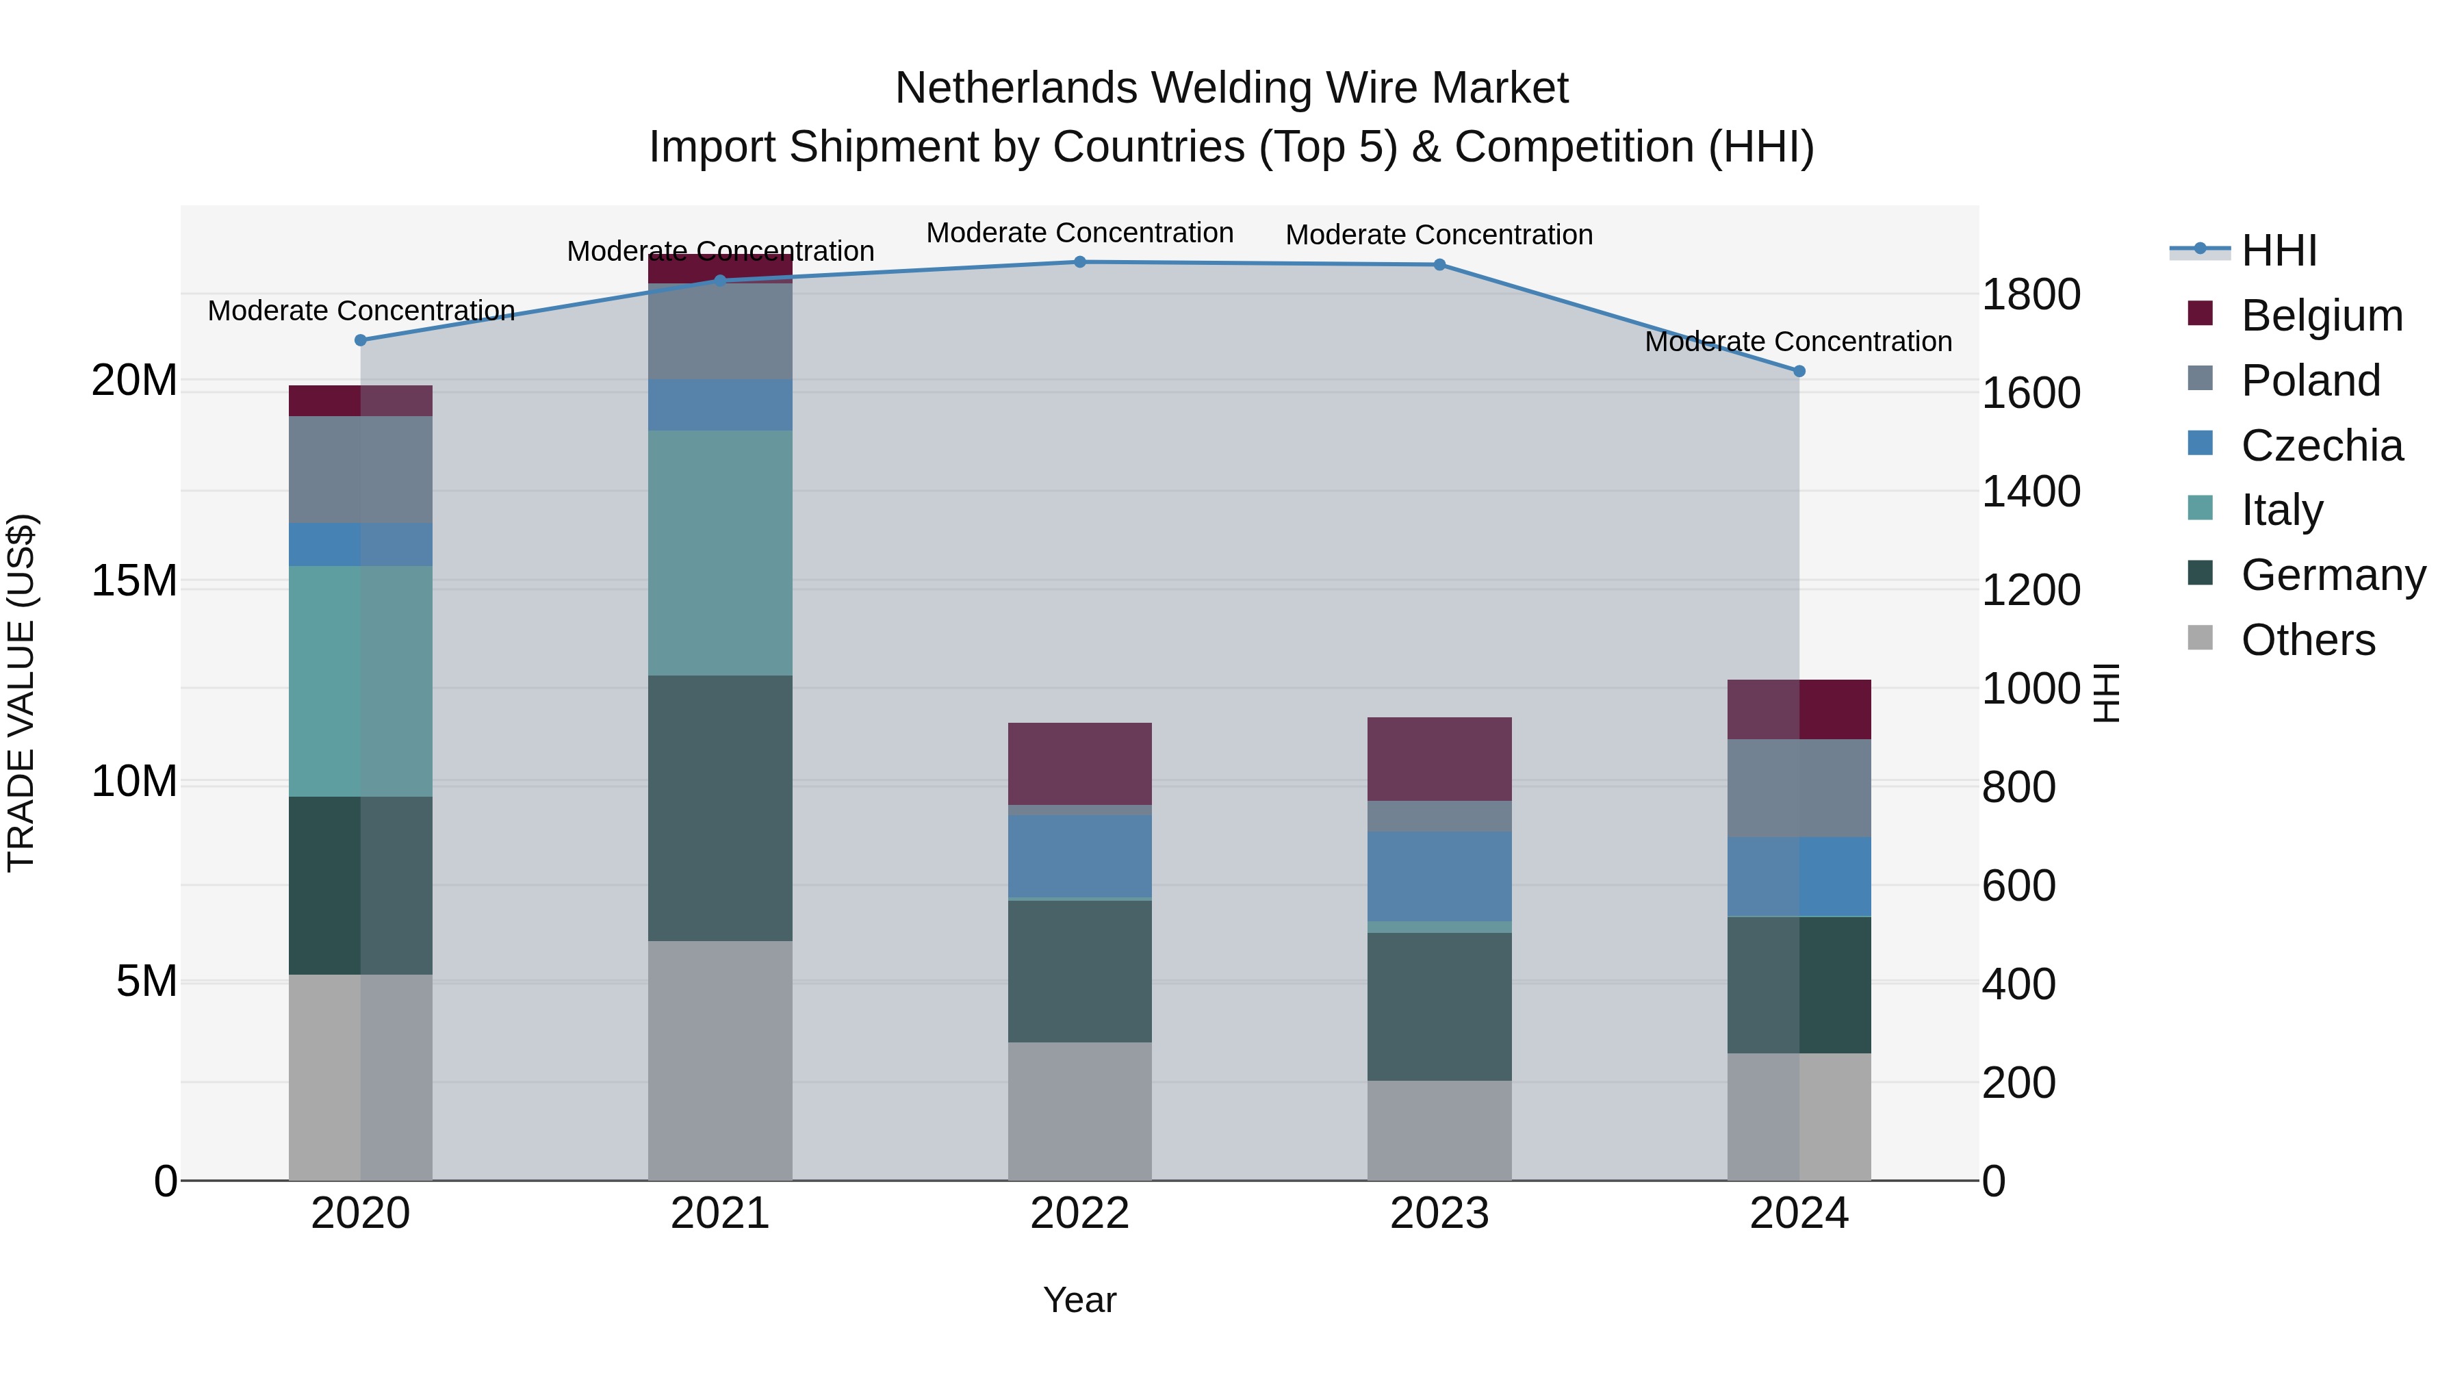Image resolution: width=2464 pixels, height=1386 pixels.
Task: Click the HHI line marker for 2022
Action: (1080, 262)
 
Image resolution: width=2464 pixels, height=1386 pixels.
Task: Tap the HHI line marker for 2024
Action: (1799, 371)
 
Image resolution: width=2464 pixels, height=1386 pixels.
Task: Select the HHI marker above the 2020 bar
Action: (361, 341)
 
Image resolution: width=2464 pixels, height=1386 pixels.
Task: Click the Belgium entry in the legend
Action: (2322, 316)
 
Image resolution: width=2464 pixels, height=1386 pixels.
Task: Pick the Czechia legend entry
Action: (2322, 446)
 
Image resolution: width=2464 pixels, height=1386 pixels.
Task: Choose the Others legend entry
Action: (2307, 640)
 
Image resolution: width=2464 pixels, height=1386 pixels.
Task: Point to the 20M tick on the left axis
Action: (134, 381)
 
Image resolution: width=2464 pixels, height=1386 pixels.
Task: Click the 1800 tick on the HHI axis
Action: (2031, 294)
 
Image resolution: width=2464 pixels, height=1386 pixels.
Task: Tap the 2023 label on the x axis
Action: (1439, 1214)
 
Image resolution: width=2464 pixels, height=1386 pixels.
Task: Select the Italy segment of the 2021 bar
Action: (720, 553)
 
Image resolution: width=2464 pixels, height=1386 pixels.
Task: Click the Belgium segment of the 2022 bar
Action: (1080, 763)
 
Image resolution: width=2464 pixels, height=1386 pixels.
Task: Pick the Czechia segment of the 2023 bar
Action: (1439, 875)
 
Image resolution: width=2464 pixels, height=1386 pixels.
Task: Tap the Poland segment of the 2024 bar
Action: (1799, 788)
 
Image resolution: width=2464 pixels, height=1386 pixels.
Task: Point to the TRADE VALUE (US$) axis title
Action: (21, 693)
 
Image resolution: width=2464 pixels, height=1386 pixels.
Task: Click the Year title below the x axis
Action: (1080, 1300)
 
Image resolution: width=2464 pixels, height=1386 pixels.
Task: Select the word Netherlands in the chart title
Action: (1016, 88)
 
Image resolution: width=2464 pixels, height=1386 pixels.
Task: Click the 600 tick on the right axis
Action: (2018, 886)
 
